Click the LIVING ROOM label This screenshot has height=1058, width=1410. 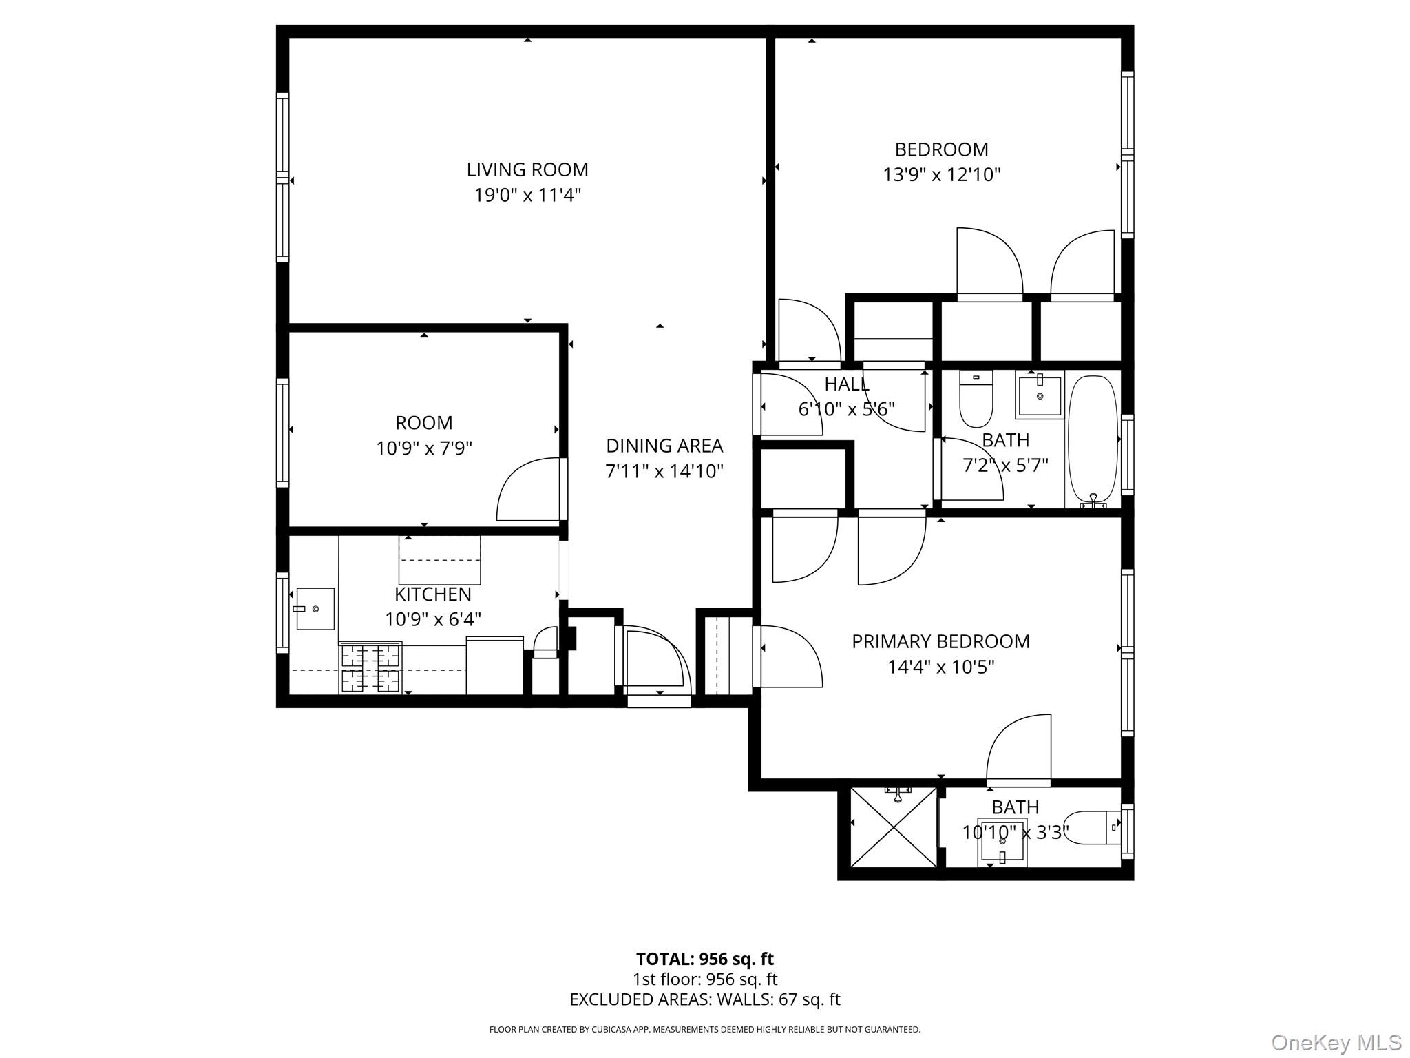coord(527,169)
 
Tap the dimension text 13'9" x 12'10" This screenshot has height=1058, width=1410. coord(941,175)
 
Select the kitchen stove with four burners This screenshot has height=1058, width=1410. coord(370,667)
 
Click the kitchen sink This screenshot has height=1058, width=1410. coord(315,609)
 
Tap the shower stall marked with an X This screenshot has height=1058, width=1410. coord(894,827)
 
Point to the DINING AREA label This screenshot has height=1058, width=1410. coord(664,446)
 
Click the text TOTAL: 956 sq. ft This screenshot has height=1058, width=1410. coord(704,959)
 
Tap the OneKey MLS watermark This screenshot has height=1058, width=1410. coord(1336,1042)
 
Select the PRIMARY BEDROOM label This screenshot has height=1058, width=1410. coord(940,641)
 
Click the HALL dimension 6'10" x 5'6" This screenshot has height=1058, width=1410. coord(846,409)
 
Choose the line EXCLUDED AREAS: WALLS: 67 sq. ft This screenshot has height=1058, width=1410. coord(704,999)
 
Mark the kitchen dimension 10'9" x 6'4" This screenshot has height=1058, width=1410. coord(432,619)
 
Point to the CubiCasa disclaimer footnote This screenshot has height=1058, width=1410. coord(704,1030)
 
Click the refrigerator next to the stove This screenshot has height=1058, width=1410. coord(494,665)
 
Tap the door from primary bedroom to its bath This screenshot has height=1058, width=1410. coord(1019,751)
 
